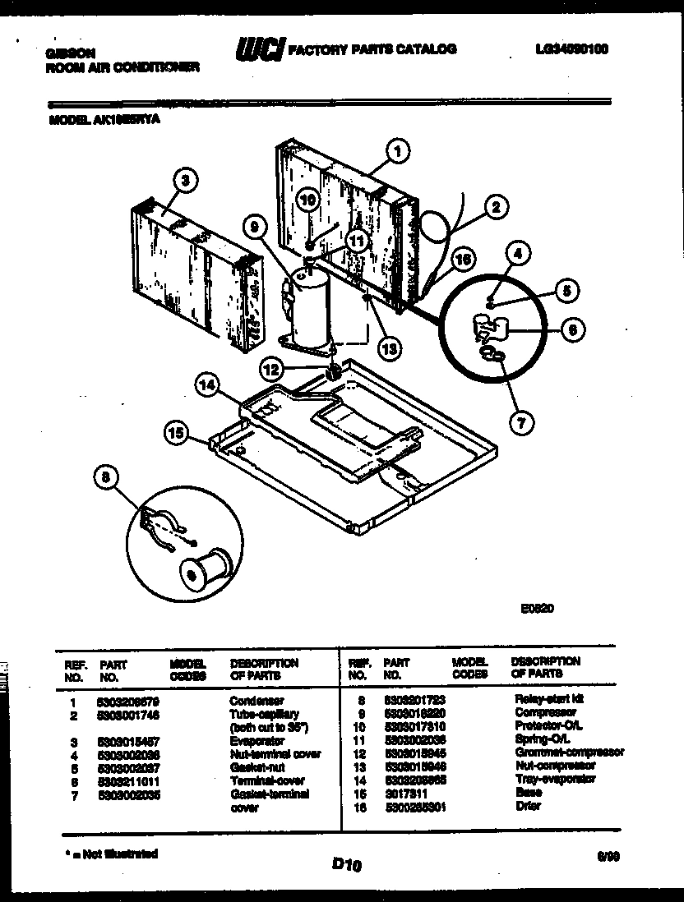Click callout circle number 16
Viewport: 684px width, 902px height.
pos(463,260)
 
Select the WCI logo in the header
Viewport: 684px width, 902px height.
pos(259,50)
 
